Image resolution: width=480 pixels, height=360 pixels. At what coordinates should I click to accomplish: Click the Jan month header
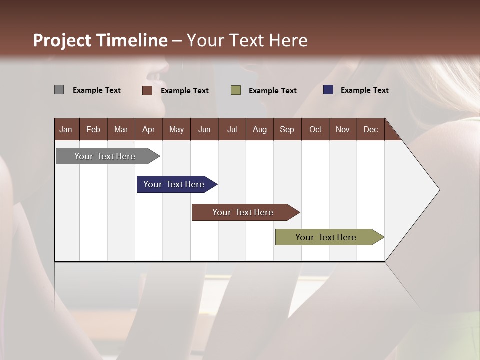pyautogui.click(x=66, y=129)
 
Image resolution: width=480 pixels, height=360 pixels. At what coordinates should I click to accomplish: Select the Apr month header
pyautogui.click(x=149, y=129)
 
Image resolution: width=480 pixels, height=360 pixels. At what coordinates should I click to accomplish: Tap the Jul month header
pyautogui.click(x=232, y=129)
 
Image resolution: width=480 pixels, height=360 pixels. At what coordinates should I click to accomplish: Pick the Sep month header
pyautogui.click(x=287, y=129)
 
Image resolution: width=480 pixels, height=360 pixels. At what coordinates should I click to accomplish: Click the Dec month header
pyautogui.click(x=370, y=129)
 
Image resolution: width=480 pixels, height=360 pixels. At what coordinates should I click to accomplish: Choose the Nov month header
pyautogui.click(x=343, y=129)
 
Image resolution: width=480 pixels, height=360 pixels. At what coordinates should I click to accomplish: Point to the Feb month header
pyautogui.click(x=93, y=129)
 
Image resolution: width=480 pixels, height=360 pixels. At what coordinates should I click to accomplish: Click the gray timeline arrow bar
pyautogui.click(x=105, y=156)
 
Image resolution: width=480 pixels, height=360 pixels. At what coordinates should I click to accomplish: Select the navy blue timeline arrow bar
pyautogui.click(x=174, y=184)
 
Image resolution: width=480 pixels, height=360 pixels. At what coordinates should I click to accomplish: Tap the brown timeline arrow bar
pyautogui.click(x=243, y=212)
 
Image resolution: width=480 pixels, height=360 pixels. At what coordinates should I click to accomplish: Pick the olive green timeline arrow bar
pyautogui.click(x=326, y=237)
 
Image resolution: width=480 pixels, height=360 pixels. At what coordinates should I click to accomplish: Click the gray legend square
pyautogui.click(x=59, y=90)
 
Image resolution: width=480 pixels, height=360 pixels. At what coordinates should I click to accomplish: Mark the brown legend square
pyautogui.click(x=147, y=90)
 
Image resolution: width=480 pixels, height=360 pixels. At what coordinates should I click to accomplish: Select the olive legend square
pyautogui.click(x=236, y=90)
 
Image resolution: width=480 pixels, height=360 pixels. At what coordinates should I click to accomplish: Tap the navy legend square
pyautogui.click(x=328, y=90)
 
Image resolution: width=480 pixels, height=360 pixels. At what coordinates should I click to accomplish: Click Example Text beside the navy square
pyautogui.click(x=364, y=90)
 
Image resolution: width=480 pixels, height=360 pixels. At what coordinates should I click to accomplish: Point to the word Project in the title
pyautogui.click(x=62, y=40)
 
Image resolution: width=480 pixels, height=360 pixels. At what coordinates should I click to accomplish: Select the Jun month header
pyautogui.click(x=204, y=129)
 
